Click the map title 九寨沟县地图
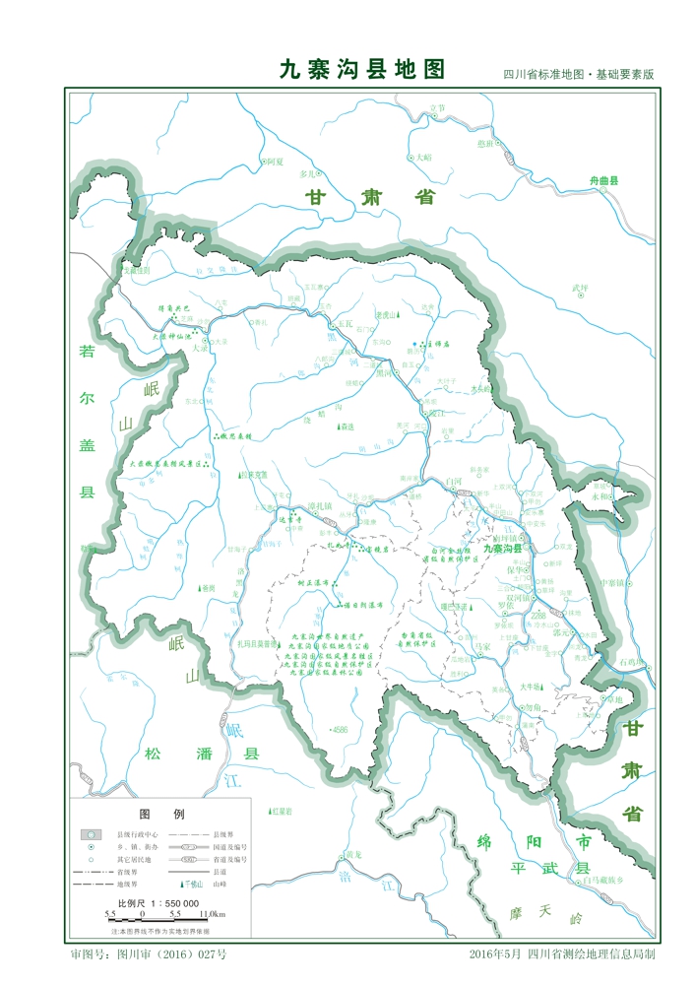click(362, 70)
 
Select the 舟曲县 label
click(603, 181)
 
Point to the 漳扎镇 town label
click(322, 504)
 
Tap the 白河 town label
click(454, 481)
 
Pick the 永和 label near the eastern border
click(600, 496)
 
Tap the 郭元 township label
click(561, 633)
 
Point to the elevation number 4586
click(340, 730)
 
